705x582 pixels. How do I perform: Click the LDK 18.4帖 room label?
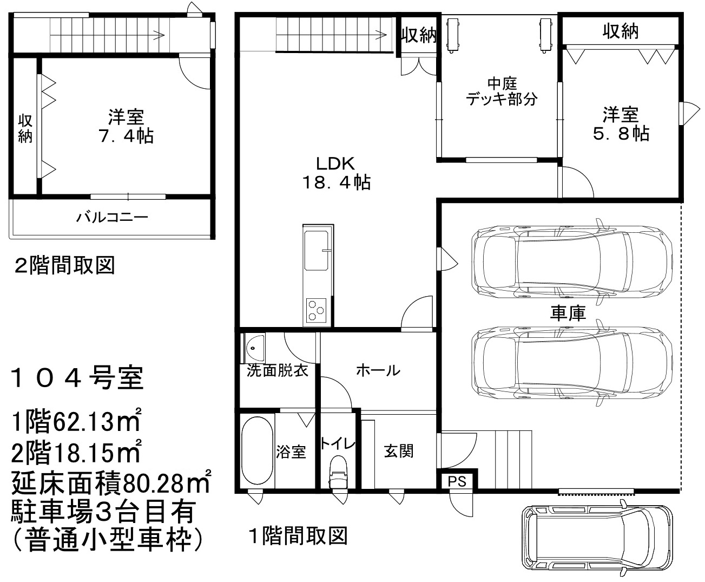pyautogui.click(x=337, y=173)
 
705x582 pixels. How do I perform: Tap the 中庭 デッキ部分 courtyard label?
pyautogui.click(x=502, y=91)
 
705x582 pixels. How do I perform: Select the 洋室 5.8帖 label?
pyautogui.click(x=621, y=123)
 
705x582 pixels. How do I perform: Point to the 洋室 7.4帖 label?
pyautogui.click(x=126, y=126)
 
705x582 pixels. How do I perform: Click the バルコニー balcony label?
pyautogui.click(x=112, y=217)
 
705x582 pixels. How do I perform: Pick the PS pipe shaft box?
pyautogui.click(x=457, y=481)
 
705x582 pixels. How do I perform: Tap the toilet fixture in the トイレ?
pyautogui.click(x=338, y=472)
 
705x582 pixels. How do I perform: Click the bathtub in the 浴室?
pyautogui.click(x=258, y=451)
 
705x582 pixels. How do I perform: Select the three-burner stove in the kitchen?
pyautogui.click(x=317, y=310)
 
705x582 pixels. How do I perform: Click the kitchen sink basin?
pyautogui.click(x=316, y=251)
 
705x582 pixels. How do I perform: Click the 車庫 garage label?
pyautogui.click(x=568, y=313)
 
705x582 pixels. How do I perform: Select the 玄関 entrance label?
pyautogui.click(x=399, y=451)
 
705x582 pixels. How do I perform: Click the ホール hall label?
pyautogui.click(x=378, y=371)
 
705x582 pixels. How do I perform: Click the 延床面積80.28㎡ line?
pyautogui.click(x=111, y=482)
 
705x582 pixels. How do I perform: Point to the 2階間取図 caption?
pyautogui.click(x=65, y=265)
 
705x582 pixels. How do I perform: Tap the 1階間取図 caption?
pyautogui.click(x=298, y=535)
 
